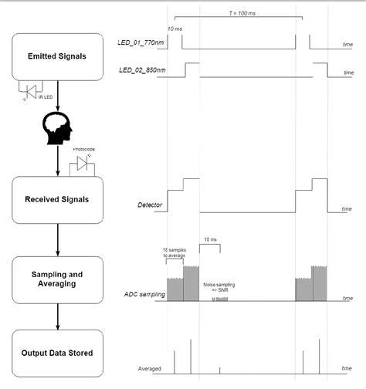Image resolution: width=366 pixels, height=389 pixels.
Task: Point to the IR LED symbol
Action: click(32, 92)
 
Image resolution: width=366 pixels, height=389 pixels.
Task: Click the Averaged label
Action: click(148, 367)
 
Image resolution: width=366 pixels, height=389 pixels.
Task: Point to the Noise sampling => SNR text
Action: click(219, 287)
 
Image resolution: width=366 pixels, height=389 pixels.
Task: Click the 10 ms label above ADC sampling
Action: click(210, 239)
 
